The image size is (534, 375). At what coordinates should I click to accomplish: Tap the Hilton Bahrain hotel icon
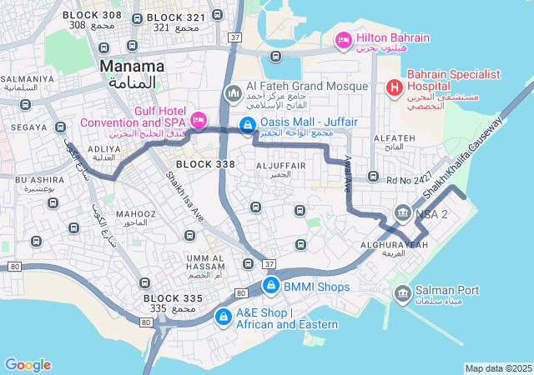[x=342, y=39]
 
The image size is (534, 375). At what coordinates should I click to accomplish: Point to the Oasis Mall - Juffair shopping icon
[x=247, y=126]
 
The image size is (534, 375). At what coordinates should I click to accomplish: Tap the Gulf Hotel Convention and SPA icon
[x=198, y=120]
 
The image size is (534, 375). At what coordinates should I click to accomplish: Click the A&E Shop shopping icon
[x=223, y=317]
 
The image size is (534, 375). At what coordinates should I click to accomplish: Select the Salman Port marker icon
[x=402, y=292]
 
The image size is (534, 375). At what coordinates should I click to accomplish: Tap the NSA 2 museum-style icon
[x=403, y=213]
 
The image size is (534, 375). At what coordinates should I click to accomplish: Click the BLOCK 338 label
[x=205, y=164]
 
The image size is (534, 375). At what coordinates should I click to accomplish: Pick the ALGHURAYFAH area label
[x=394, y=244]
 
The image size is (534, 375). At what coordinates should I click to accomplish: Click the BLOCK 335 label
[x=173, y=297]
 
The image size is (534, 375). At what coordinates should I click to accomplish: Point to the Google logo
[x=28, y=365]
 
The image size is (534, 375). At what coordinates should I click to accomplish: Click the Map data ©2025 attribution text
[x=498, y=368]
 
